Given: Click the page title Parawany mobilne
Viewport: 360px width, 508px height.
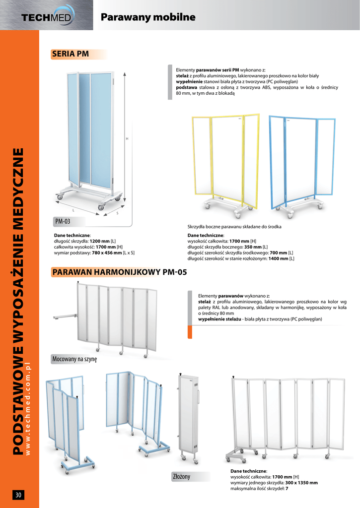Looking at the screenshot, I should pyautogui.click(x=147, y=17).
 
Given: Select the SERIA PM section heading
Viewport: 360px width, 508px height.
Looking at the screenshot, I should pyautogui.click(x=71, y=54).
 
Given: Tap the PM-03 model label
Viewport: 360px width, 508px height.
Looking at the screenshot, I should pyautogui.click(x=62, y=221).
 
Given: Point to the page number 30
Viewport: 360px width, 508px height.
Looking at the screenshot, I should pyautogui.click(x=18, y=495).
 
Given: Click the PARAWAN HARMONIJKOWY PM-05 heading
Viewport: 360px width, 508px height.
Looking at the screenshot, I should pyautogui.click(x=120, y=272).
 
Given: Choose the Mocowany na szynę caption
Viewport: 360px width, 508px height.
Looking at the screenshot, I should pyautogui.click(x=74, y=359).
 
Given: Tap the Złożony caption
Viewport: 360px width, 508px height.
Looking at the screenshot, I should pyautogui.click(x=181, y=476).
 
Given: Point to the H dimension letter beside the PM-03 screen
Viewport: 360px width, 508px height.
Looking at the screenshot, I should pyautogui.click(x=127, y=138).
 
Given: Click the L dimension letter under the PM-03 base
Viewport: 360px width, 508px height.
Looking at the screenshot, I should pyautogui.click(x=73, y=210).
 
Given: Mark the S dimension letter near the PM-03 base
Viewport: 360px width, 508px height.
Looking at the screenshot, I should pyautogui.click(x=117, y=213).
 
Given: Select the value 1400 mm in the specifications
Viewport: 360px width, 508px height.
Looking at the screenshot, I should pyautogui.click(x=278, y=258).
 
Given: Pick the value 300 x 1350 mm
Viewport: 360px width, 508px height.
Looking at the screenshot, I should pyautogui.click(x=301, y=482).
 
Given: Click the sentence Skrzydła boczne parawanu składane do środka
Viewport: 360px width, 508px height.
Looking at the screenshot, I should pyautogui.click(x=234, y=227).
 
